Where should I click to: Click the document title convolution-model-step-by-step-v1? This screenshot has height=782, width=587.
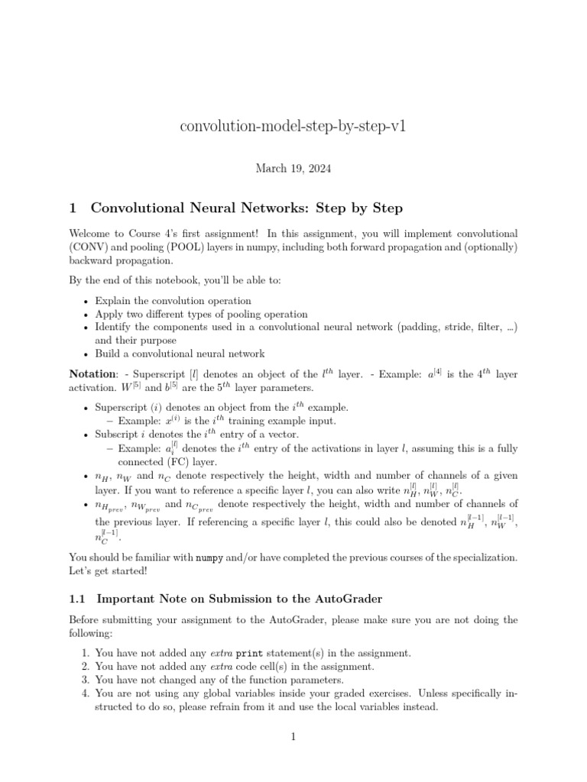(293, 125)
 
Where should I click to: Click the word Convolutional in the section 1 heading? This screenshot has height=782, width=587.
(152, 208)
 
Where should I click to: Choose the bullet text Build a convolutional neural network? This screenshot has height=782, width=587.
(180, 354)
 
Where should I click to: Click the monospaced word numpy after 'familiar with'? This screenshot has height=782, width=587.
(210, 558)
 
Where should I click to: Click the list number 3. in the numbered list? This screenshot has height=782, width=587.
(85, 680)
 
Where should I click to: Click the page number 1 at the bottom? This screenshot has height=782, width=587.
(293, 736)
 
